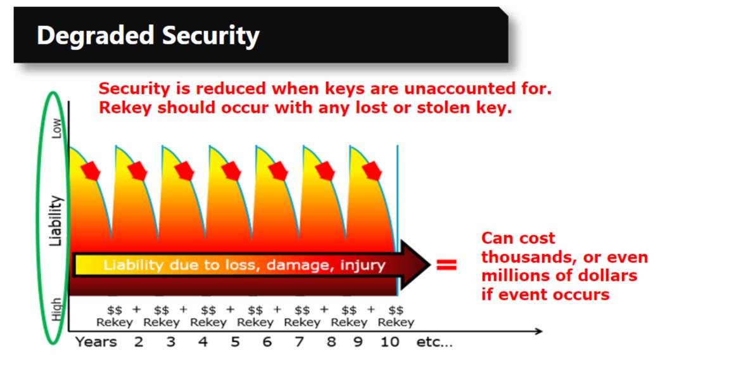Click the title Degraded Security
coord(148,36)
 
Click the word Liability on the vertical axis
coord(56,221)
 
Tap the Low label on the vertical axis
coord(56,128)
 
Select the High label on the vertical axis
coord(56,309)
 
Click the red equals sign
coord(446,265)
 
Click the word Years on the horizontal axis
coord(96,342)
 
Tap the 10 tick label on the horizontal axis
coord(390,342)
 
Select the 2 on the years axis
coord(138,342)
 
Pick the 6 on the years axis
coord(267,342)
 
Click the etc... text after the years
coord(434,342)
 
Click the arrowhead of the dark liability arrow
coord(415,264)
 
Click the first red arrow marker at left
coord(91,171)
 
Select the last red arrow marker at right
coord(372,171)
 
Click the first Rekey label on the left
coord(115,323)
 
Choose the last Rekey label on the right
coord(396,323)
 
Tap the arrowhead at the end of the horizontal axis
coord(539,331)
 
